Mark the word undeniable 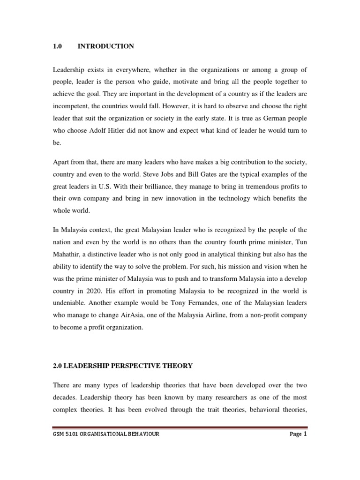click(x=70, y=302)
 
